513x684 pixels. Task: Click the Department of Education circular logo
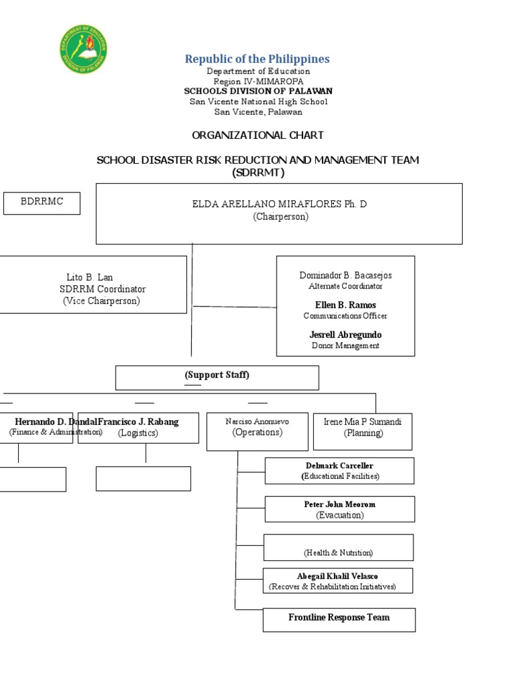(84, 49)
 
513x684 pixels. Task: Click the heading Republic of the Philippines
(257, 59)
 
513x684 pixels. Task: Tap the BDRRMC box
(41, 202)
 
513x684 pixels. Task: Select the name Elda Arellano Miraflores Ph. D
(280, 204)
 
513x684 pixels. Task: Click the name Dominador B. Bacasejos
(345, 275)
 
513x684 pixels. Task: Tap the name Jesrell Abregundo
(345, 335)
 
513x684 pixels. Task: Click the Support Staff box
(217, 377)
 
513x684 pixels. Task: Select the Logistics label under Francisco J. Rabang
(138, 433)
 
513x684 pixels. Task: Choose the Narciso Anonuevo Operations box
(257, 431)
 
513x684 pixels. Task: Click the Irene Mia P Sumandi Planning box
(363, 431)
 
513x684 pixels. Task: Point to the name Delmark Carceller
(340, 466)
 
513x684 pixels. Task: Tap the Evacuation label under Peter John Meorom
(340, 515)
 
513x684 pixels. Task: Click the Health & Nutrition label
(339, 552)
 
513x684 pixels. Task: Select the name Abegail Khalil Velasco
(338, 576)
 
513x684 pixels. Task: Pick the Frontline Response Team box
(339, 619)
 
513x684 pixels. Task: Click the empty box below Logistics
(143, 478)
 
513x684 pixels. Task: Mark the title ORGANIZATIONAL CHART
(257, 135)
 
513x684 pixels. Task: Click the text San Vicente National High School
(259, 102)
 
